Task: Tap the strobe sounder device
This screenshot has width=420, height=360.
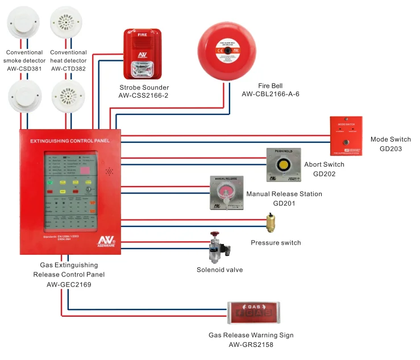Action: pos(143,55)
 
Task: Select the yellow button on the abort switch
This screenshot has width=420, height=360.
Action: pos(282,165)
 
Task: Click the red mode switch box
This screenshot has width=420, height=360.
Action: pos(346,136)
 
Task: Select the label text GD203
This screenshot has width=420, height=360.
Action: pos(390,148)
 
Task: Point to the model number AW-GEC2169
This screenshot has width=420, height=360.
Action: pos(68,285)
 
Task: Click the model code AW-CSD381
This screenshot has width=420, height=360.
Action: pos(24,69)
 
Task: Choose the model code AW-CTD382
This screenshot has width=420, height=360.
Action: pos(68,69)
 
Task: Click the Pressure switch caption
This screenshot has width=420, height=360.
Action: pos(276,243)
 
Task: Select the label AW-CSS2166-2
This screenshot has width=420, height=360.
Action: pos(143,96)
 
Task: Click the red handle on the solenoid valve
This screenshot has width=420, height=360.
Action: pos(214,233)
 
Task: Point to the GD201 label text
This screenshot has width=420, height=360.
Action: pos(284,203)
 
